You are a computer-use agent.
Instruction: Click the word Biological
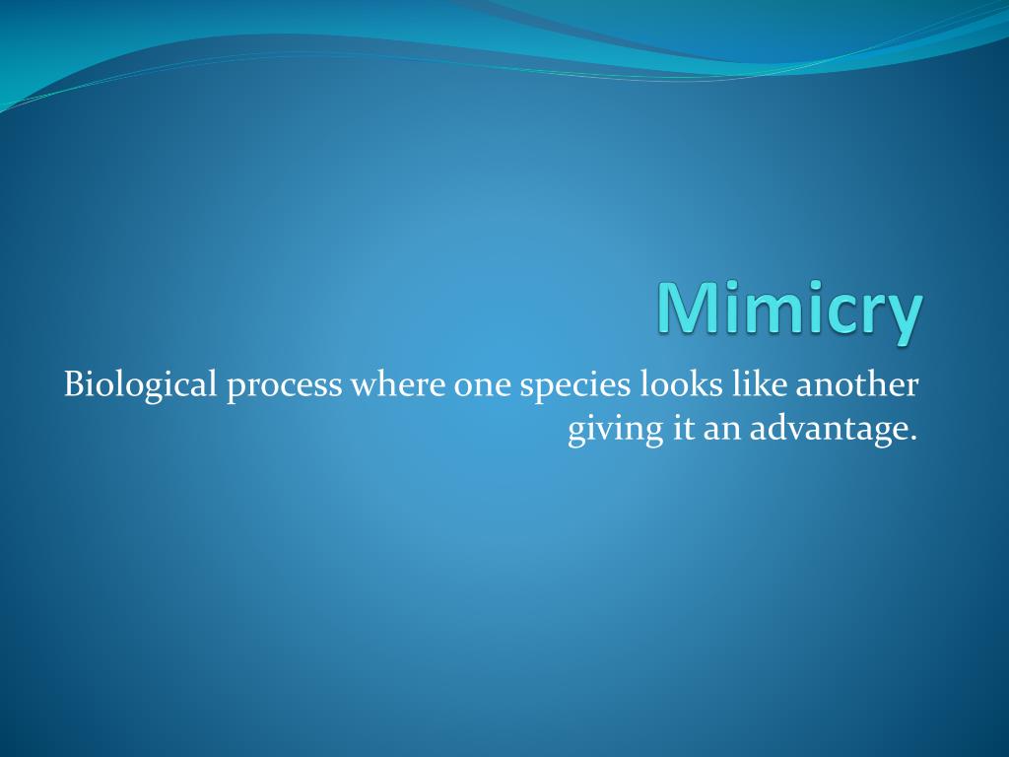pos(140,384)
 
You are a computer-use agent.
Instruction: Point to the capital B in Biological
pos(75,384)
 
